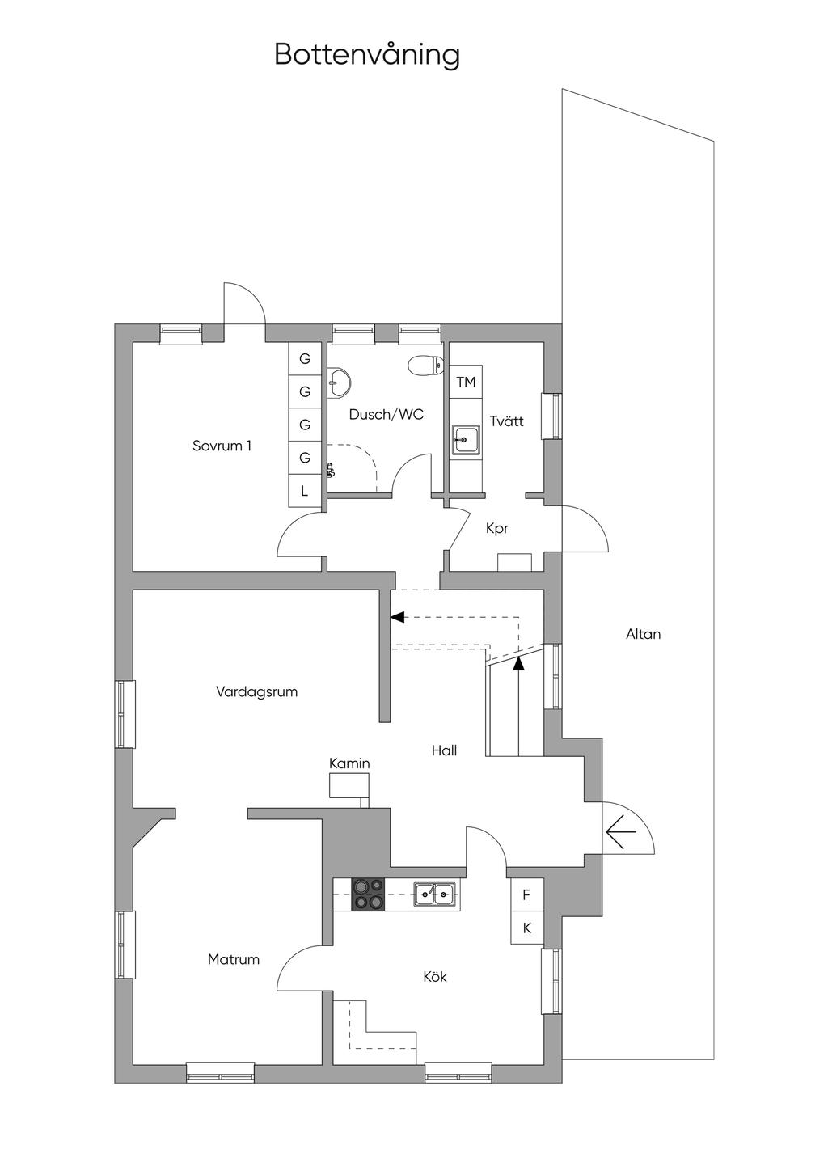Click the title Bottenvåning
pyautogui.click(x=367, y=55)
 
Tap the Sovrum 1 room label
pyautogui.click(x=222, y=446)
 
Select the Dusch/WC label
pyautogui.click(x=386, y=415)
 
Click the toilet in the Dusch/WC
pyautogui.click(x=425, y=366)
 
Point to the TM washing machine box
pyautogui.click(x=466, y=382)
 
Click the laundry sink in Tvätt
pyautogui.click(x=466, y=441)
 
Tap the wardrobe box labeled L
pyautogui.click(x=305, y=491)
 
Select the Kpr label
pyautogui.click(x=496, y=529)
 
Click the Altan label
pyautogui.click(x=643, y=634)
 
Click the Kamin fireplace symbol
pyautogui.click(x=349, y=786)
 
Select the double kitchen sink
pyautogui.click(x=435, y=894)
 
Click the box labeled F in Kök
pyautogui.click(x=526, y=895)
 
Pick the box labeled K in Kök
pyautogui.click(x=526, y=928)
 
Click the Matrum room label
pyautogui.click(x=234, y=960)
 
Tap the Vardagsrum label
pyautogui.click(x=256, y=692)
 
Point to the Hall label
pyautogui.click(x=444, y=750)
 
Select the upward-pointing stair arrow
pyautogui.click(x=518, y=663)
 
